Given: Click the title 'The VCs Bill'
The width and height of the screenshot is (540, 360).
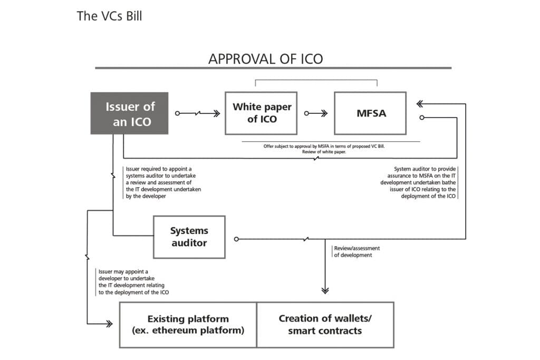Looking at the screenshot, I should [109, 16].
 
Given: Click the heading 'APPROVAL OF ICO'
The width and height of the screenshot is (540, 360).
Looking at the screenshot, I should [265, 59].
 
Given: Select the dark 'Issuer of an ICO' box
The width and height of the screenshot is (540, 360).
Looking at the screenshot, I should [129, 113].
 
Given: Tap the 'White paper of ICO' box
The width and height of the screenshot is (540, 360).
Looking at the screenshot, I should [262, 113].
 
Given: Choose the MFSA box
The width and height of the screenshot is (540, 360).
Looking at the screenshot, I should [370, 113].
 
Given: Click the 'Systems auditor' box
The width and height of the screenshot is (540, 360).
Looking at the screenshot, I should [189, 237].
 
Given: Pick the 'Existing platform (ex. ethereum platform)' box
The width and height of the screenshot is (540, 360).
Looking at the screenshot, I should [188, 325].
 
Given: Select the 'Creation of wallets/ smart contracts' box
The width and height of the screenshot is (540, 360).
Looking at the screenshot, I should [325, 325].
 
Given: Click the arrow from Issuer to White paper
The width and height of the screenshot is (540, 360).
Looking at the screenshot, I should [198, 113].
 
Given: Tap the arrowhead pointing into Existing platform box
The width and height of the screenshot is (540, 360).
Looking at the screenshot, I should [109, 324].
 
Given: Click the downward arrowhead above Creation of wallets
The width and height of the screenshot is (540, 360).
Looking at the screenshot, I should [325, 289].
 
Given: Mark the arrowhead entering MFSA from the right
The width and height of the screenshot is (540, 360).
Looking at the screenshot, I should [420, 104].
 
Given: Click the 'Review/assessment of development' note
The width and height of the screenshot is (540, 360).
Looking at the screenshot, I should [357, 251].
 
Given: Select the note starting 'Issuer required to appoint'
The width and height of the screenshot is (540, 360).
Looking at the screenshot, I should [163, 182].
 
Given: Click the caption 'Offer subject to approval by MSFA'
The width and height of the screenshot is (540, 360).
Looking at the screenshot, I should [324, 149].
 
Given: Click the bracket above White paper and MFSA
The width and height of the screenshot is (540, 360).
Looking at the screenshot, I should [316, 81].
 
